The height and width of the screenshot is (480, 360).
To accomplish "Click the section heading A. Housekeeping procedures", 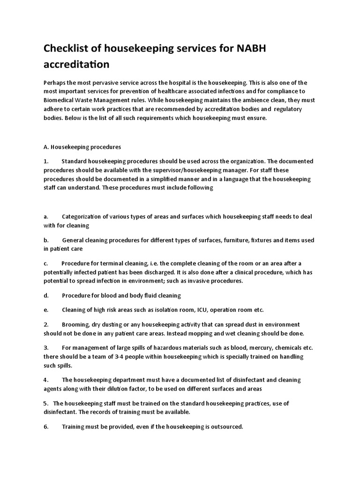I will pyautogui.click(x=82, y=146).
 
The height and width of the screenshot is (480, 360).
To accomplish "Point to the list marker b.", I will pyautogui.click(x=45, y=240).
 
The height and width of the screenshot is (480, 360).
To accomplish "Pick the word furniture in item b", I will pyautogui.click(x=242, y=240).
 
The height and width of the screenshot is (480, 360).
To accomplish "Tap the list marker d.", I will pyautogui.click(x=45, y=295).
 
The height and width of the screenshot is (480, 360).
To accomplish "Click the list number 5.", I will pyautogui.click(x=45, y=403).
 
